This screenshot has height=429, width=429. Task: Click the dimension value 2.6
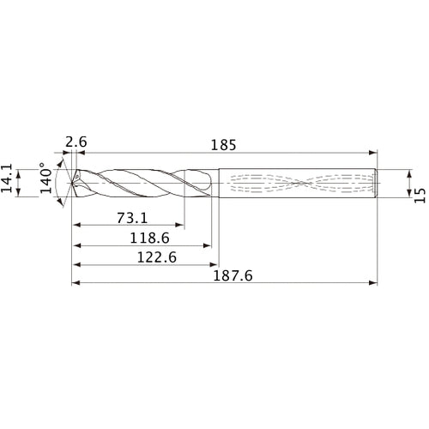click(x=76, y=142)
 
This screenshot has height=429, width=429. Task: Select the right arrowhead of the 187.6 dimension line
click(x=374, y=282)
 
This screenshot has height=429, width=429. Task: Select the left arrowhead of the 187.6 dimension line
click(x=75, y=282)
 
